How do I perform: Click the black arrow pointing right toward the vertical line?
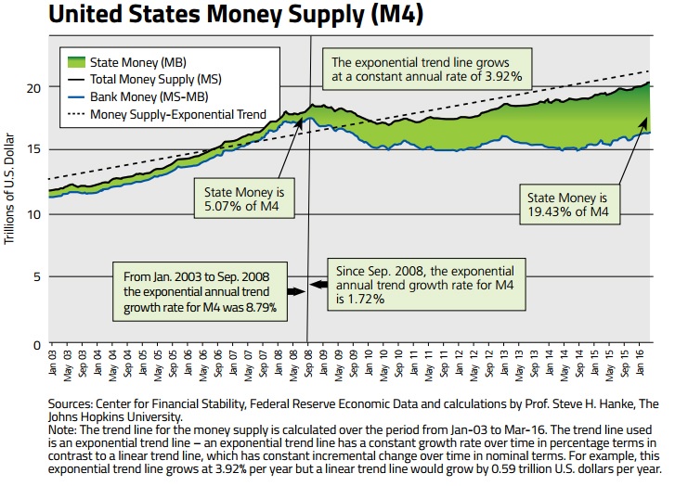296,291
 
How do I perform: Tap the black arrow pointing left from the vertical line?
319,283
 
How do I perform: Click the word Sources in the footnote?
70,404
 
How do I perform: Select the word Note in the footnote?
60,429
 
